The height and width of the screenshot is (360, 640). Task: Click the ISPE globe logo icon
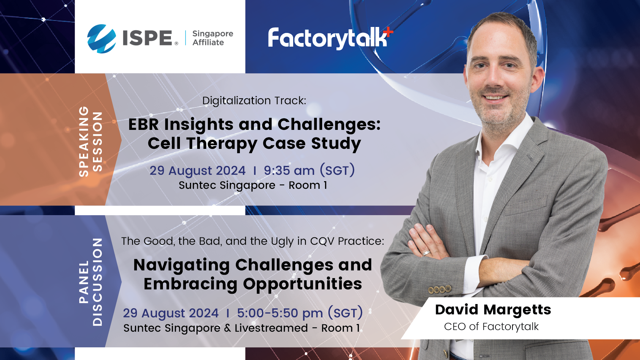click(x=102, y=39)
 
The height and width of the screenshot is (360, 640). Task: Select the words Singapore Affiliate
click(x=213, y=38)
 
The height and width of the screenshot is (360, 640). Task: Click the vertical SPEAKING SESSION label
click(x=90, y=141)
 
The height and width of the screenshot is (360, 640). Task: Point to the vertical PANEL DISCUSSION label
click(x=90, y=282)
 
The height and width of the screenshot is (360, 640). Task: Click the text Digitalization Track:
click(x=254, y=101)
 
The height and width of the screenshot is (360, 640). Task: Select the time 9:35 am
click(x=289, y=171)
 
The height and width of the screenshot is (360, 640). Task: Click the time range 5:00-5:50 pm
click(x=280, y=313)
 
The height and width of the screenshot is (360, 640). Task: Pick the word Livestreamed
click(x=271, y=328)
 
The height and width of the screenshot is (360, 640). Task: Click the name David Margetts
click(x=493, y=310)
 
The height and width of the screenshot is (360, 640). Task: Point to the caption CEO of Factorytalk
click(x=491, y=327)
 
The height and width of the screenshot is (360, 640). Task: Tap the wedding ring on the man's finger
click(x=426, y=253)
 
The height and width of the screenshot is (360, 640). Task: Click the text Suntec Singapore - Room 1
click(x=253, y=185)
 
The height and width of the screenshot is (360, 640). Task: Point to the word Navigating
click(x=182, y=266)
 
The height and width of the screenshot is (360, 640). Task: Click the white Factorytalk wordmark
click(x=328, y=38)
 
